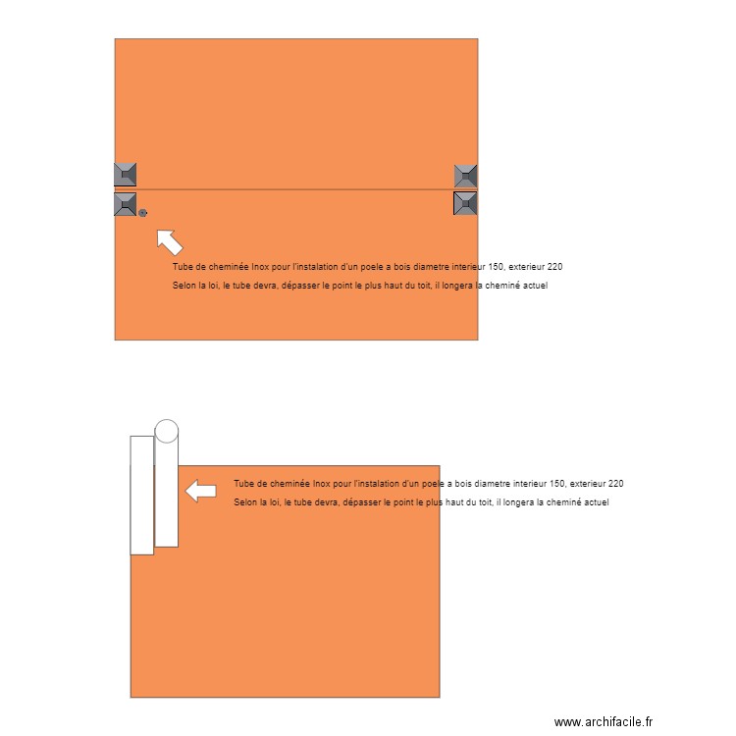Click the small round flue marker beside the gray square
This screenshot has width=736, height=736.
click(143, 212)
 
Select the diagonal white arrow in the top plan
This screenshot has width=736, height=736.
click(169, 240)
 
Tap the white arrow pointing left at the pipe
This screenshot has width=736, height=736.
click(201, 491)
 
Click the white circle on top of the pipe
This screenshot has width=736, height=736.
click(167, 431)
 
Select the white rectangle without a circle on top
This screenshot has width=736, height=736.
click(142, 495)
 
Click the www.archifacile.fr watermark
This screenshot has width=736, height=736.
click(603, 721)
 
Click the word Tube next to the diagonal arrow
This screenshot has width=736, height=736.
click(183, 267)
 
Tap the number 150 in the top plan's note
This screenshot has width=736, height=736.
click(497, 267)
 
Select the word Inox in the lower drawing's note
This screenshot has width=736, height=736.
click(320, 484)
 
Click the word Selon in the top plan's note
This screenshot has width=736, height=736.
click(184, 287)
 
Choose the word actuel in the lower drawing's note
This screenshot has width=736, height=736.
click(595, 502)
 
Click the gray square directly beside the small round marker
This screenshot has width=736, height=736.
click(125, 204)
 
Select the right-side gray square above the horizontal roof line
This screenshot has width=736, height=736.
click(465, 176)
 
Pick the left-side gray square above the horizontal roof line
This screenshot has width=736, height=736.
click(125, 175)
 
